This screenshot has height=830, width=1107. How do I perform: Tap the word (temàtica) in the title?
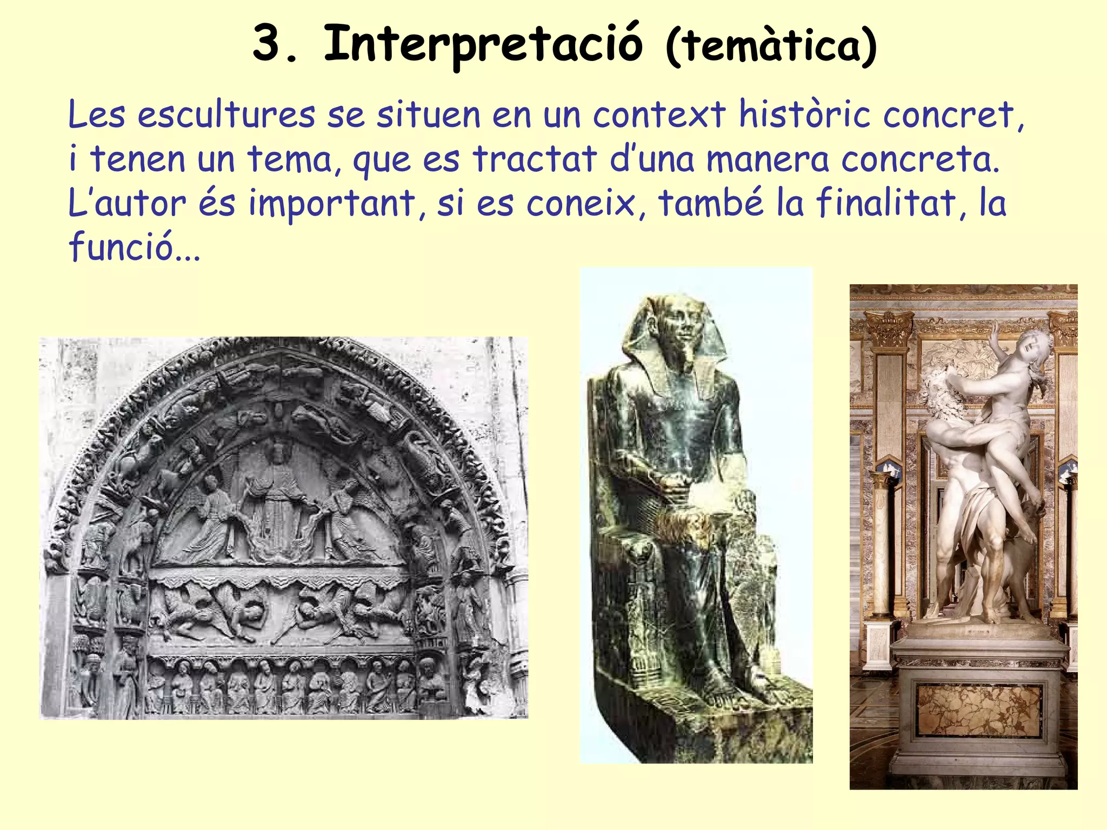(x=771, y=46)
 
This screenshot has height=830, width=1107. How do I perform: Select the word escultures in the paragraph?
(x=226, y=115)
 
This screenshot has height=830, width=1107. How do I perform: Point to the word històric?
(x=804, y=115)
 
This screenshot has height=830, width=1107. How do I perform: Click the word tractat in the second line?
(x=535, y=159)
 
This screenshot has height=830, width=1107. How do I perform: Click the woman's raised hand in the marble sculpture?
(x=995, y=329)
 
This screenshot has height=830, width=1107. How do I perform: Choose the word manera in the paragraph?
(x=768, y=159)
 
